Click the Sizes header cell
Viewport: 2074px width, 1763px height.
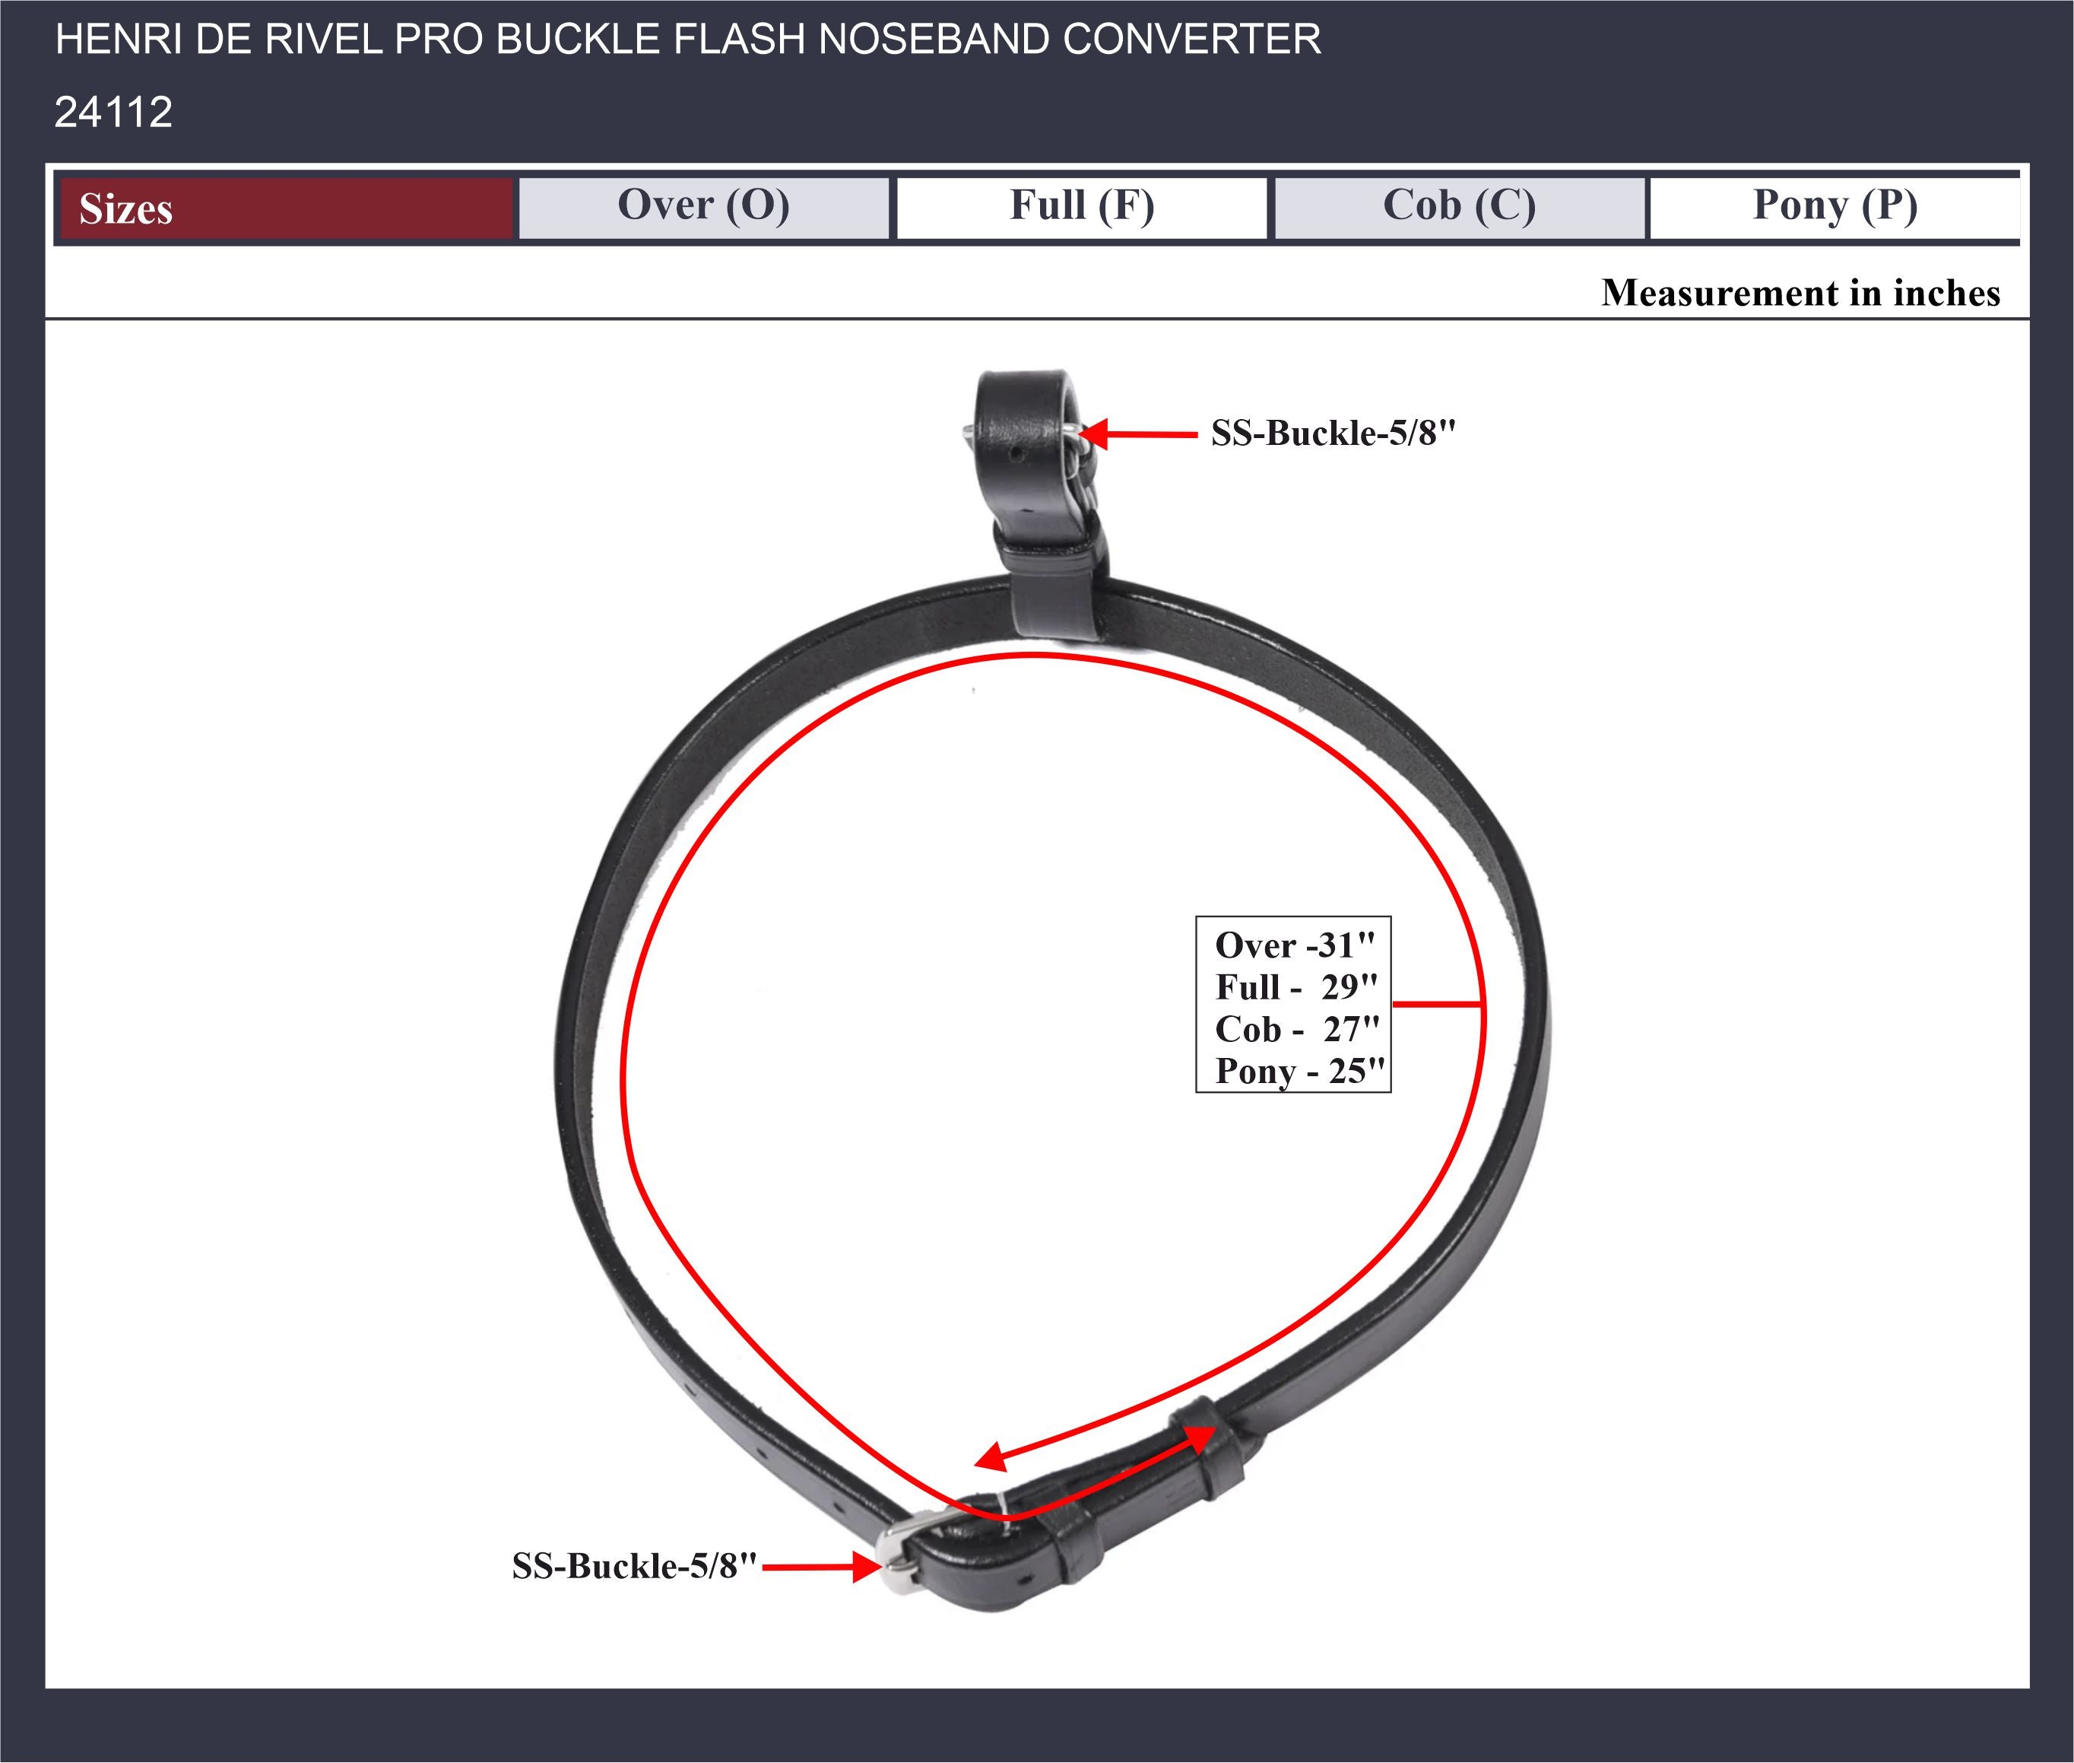click(x=286, y=208)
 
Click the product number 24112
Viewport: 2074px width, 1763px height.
click(x=113, y=112)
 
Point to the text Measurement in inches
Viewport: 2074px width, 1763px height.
click(x=1800, y=293)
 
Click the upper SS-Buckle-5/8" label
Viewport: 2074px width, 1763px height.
click(x=1334, y=433)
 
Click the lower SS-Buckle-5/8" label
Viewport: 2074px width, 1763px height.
click(x=634, y=1565)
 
